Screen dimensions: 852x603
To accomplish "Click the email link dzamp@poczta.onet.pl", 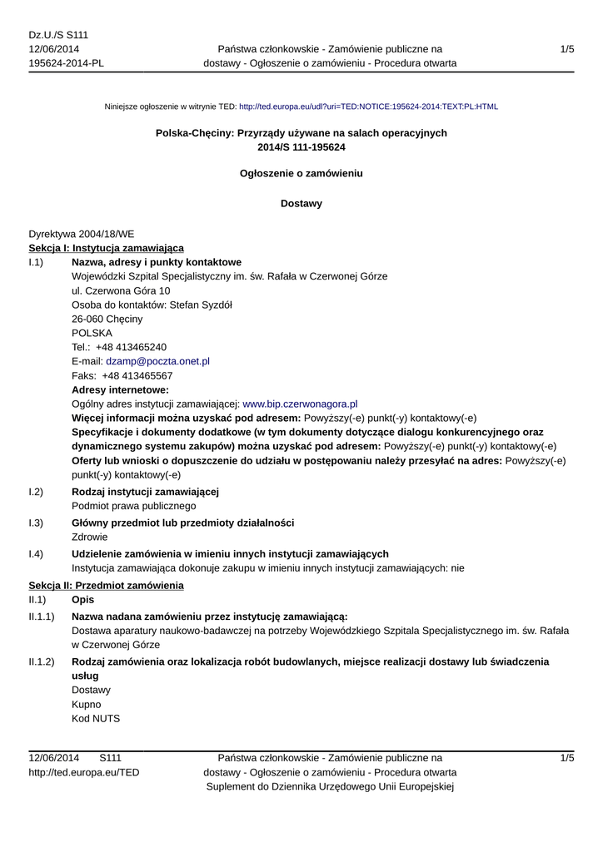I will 157,361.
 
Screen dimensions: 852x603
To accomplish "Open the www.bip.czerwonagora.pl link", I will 300,404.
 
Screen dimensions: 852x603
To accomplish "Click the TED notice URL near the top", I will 368,107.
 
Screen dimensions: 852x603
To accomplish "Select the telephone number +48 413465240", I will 131,347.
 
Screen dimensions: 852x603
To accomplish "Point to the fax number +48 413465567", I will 137,375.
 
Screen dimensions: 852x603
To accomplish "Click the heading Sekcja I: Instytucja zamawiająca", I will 107,248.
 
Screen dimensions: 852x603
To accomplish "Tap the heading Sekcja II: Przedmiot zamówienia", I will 106,586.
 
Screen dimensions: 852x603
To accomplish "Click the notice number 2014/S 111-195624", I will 301,147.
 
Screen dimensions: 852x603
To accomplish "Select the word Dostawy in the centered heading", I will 301,203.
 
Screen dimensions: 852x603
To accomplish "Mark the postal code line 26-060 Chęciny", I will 107,319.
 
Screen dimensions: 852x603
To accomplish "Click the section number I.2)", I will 36,492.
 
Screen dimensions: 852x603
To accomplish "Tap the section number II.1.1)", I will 42,617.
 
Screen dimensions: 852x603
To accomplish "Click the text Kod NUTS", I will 97,718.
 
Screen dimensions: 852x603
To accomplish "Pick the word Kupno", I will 87,704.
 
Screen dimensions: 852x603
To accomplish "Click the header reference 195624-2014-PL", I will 67,63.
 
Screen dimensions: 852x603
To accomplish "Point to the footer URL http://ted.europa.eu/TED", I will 84,772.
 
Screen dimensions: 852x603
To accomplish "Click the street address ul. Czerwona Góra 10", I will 122,290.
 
